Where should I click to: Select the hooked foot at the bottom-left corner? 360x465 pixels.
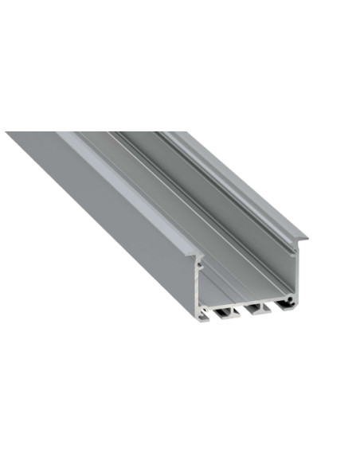[204, 315]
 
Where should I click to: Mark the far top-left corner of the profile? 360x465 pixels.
[8, 133]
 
